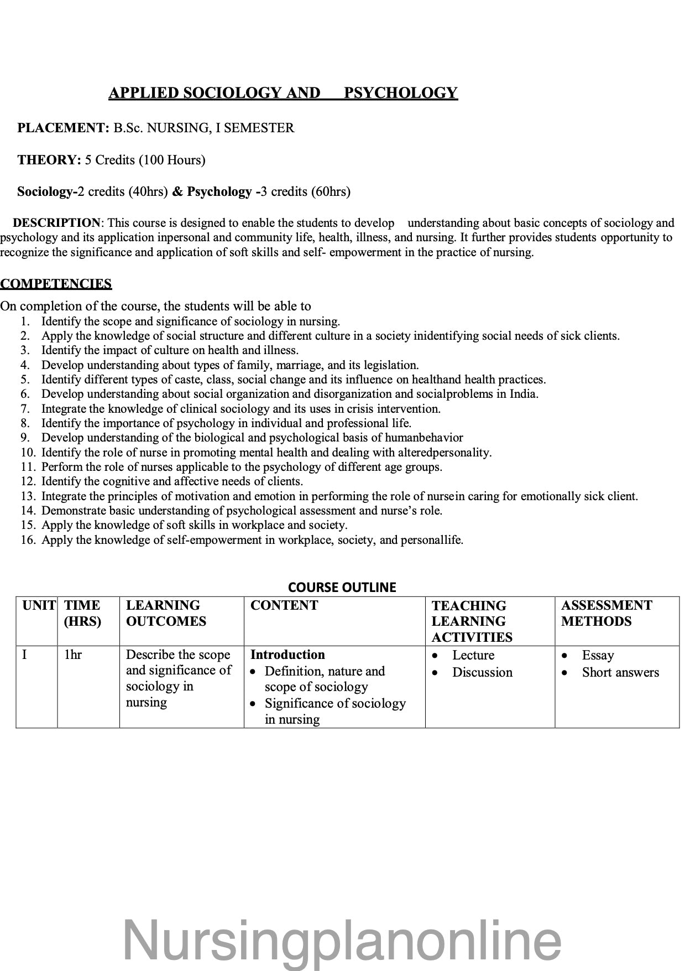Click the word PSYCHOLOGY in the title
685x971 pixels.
click(x=400, y=93)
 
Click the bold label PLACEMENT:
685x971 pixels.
click(x=64, y=128)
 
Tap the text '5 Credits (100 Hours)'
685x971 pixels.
click(x=145, y=160)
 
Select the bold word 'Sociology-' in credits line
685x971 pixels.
click(x=47, y=191)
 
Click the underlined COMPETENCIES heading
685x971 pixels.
click(x=56, y=284)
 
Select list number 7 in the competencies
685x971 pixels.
click(x=25, y=409)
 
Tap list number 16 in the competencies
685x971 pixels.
click(x=28, y=540)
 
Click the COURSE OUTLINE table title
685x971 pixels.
click(x=342, y=587)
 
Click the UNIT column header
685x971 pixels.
click(x=39, y=605)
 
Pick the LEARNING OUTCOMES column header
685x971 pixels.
click(x=166, y=613)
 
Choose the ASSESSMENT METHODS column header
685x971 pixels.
click(x=606, y=613)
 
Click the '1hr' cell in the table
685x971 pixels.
click(x=73, y=655)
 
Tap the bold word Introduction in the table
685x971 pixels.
click(x=287, y=655)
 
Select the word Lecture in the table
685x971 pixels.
click(x=473, y=655)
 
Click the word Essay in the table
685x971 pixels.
click(x=598, y=655)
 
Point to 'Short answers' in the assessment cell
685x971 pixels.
click(x=620, y=672)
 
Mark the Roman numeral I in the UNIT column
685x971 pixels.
click(x=24, y=655)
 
